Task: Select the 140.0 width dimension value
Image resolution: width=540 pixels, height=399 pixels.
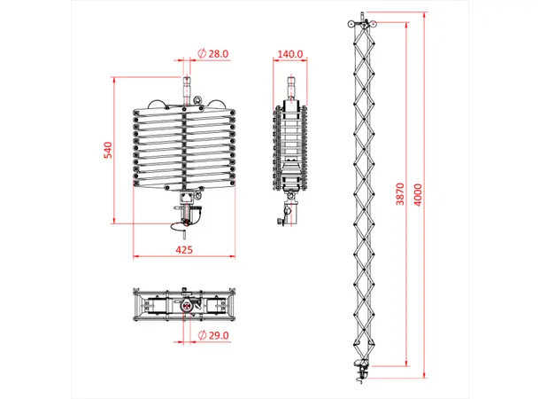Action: [290, 54]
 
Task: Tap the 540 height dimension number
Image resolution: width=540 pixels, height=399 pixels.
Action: [108, 149]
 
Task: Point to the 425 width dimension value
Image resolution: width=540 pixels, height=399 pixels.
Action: [184, 251]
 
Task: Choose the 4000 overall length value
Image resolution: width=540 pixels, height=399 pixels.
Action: [430, 194]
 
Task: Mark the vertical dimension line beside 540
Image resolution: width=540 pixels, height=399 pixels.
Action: [116, 149]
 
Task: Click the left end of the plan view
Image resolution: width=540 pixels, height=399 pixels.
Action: [135, 305]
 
